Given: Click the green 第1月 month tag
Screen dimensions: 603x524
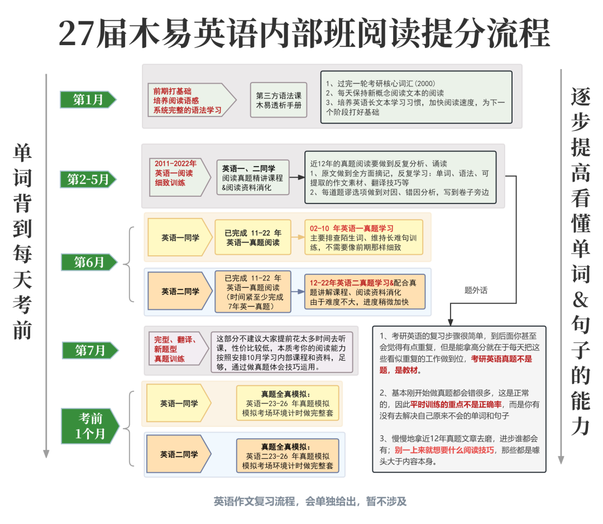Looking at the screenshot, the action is [88, 100].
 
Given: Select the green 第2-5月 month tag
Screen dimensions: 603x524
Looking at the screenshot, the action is [88, 179].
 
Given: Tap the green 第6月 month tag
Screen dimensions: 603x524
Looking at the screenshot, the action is [89, 262].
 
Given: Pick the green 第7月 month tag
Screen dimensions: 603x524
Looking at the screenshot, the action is [90, 350].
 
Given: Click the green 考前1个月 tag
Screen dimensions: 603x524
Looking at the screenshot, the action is [90, 426].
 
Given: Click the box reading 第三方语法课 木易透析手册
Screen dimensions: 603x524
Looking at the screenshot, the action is [279, 100].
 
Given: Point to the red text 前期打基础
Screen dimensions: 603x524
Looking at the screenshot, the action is [172, 91].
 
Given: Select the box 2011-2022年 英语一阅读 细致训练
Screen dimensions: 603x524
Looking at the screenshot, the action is [180, 177].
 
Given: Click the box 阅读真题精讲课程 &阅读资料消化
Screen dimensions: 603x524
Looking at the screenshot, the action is [253, 178].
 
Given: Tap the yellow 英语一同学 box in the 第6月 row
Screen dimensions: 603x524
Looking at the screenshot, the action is [180, 237].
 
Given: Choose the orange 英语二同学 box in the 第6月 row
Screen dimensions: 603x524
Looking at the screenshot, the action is [180, 292].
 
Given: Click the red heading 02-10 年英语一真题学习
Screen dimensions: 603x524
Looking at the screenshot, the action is [352, 229].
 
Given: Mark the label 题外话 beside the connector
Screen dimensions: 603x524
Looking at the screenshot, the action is [476, 290].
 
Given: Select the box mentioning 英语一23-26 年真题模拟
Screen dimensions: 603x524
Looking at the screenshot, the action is [288, 404].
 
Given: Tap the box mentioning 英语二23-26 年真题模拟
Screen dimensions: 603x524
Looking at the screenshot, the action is [288, 456].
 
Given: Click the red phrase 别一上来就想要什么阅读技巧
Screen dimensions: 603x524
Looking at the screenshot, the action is [444, 450].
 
